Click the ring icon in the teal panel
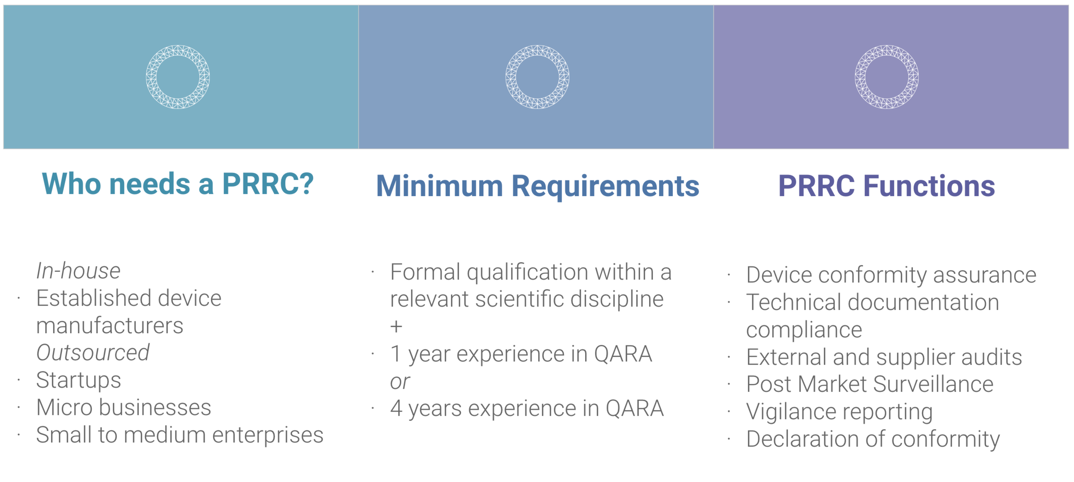click(178, 77)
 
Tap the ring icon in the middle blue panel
click(537, 77)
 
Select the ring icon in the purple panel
click(887, 77)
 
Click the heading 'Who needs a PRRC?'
click(178, 184)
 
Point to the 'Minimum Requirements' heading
click(537, 186)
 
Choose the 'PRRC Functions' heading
click(887, 186)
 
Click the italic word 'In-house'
click(79, 271)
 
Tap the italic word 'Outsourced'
click(93, 353)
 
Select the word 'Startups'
click(79, 380)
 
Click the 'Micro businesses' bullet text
click(124, 407)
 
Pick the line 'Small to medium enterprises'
click(180, 435)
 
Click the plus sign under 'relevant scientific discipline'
click(396, 327)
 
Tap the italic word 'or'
click(400, 381)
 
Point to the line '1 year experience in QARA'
click(521, 354)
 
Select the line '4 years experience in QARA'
click(527, 408)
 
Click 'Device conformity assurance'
click(891, 275)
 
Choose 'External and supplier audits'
click(884, 357)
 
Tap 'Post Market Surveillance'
click(870, 384)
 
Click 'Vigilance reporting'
click(839, 411)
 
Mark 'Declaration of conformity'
click(873, 439)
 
